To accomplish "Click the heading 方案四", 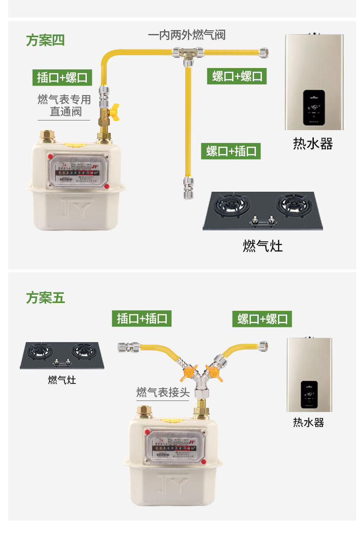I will [x=45, y=40].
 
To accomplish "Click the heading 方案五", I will [x=45, y=298].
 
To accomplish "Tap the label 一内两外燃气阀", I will [x=187, y=35].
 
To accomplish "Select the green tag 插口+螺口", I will [x=62, y=77].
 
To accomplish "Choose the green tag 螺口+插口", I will [x=231, y=151].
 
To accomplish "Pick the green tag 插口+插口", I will [x=142, y=318].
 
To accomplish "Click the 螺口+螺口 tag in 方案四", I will [x=238, y=76].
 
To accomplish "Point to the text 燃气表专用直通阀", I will [x=64, y=105].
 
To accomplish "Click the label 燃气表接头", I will [x=163, y=393].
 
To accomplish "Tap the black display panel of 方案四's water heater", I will [x=314, y=107].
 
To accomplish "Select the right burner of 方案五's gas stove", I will [x=84, y=352].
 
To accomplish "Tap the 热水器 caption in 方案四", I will [x=313, y=144].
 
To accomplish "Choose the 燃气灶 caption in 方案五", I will [x=62, y=380].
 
